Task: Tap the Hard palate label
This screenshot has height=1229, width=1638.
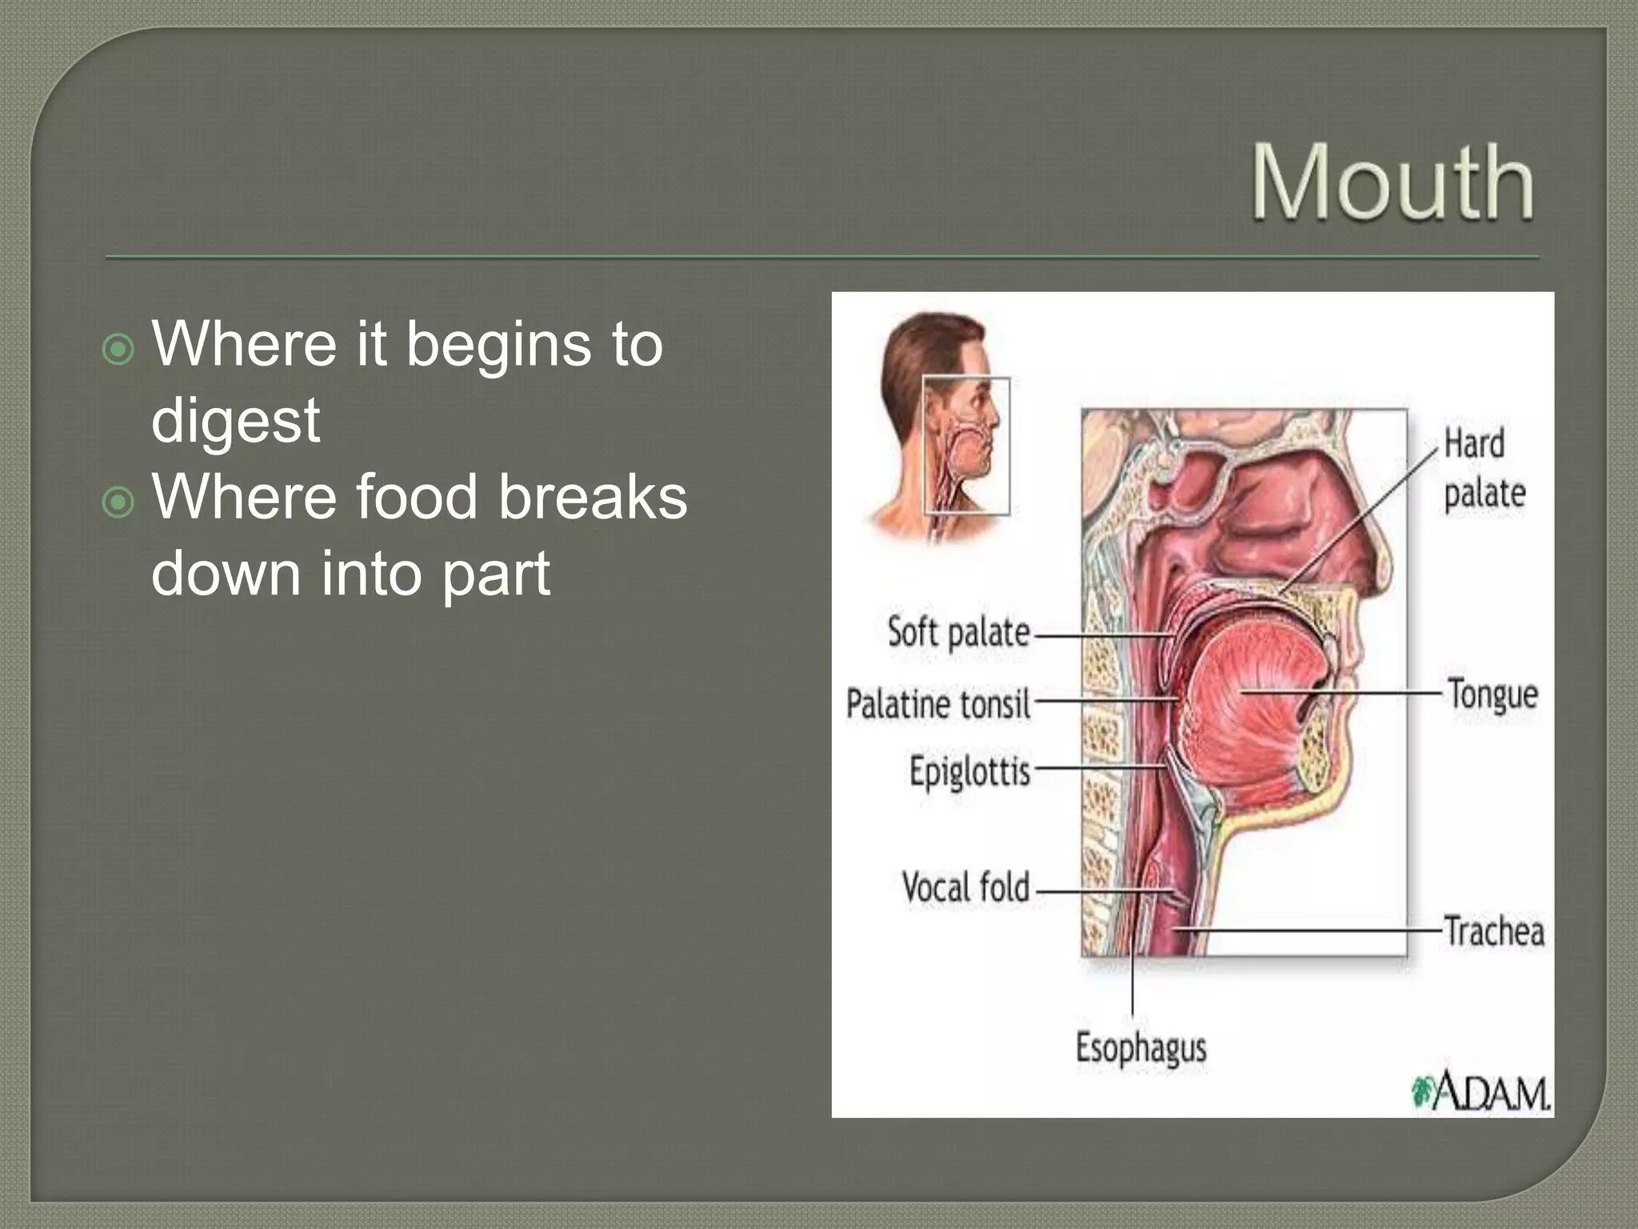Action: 1484,468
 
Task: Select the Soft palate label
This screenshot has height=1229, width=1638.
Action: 958,633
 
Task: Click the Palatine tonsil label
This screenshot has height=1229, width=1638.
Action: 938,705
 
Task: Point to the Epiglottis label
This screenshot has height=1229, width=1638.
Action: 969,771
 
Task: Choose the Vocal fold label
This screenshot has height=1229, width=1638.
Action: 965,887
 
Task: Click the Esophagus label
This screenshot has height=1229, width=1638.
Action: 1141,1047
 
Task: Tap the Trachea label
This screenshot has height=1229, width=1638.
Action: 1493,932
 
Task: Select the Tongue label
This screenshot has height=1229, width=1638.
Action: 1492,694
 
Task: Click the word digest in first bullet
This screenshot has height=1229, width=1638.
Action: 235,420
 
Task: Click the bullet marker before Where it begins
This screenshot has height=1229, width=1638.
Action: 118,350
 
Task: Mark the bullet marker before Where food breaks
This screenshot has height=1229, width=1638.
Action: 118,502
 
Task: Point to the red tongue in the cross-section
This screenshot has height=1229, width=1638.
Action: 1256,696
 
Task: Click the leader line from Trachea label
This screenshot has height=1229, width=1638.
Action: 1312,931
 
